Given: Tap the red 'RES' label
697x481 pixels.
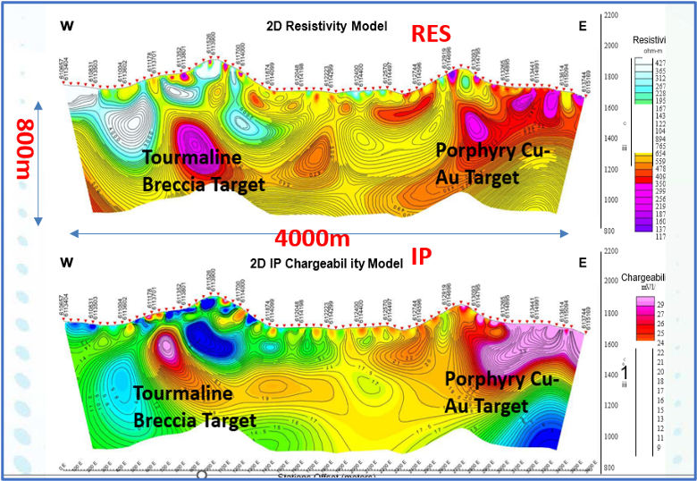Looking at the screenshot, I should [431, 34].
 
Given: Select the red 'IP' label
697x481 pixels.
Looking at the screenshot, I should [421, 257].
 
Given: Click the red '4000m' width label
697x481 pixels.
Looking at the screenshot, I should [311, 239].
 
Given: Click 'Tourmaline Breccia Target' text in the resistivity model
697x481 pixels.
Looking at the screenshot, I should [204, 172].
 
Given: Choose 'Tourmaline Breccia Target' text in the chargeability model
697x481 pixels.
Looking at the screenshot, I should [194, 406].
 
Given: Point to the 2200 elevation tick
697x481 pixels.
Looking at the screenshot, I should [611, 16].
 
